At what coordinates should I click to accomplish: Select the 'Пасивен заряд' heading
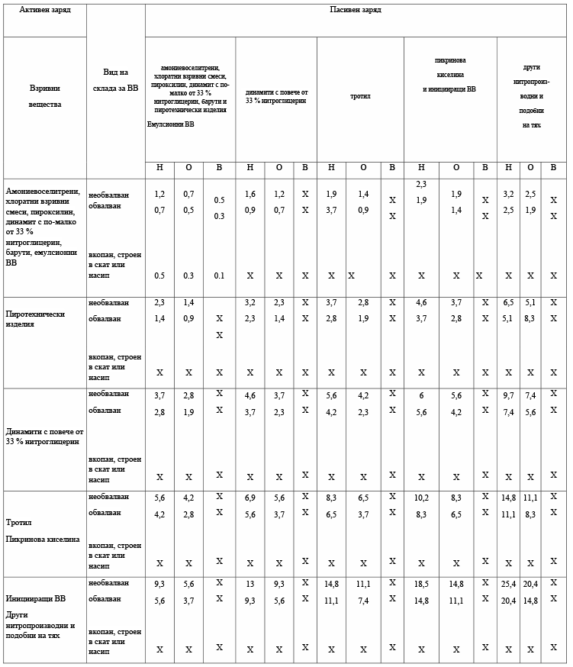point(355,11)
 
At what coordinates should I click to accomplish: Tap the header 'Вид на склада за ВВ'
point(116,79)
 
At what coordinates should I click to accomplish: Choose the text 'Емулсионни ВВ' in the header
point(171,124)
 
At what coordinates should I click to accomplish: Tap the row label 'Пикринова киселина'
point(43,539)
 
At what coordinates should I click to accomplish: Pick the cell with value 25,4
point(508,585)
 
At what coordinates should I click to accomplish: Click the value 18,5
point(421,585)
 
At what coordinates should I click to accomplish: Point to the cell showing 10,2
point(421,498)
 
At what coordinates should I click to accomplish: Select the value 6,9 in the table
point(250,498)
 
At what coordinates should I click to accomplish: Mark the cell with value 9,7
point(508,395)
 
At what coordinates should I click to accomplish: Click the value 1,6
point(250,195)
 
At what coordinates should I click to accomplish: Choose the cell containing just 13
point(250,585)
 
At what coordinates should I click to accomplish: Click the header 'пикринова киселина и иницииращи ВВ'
point(450,75)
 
